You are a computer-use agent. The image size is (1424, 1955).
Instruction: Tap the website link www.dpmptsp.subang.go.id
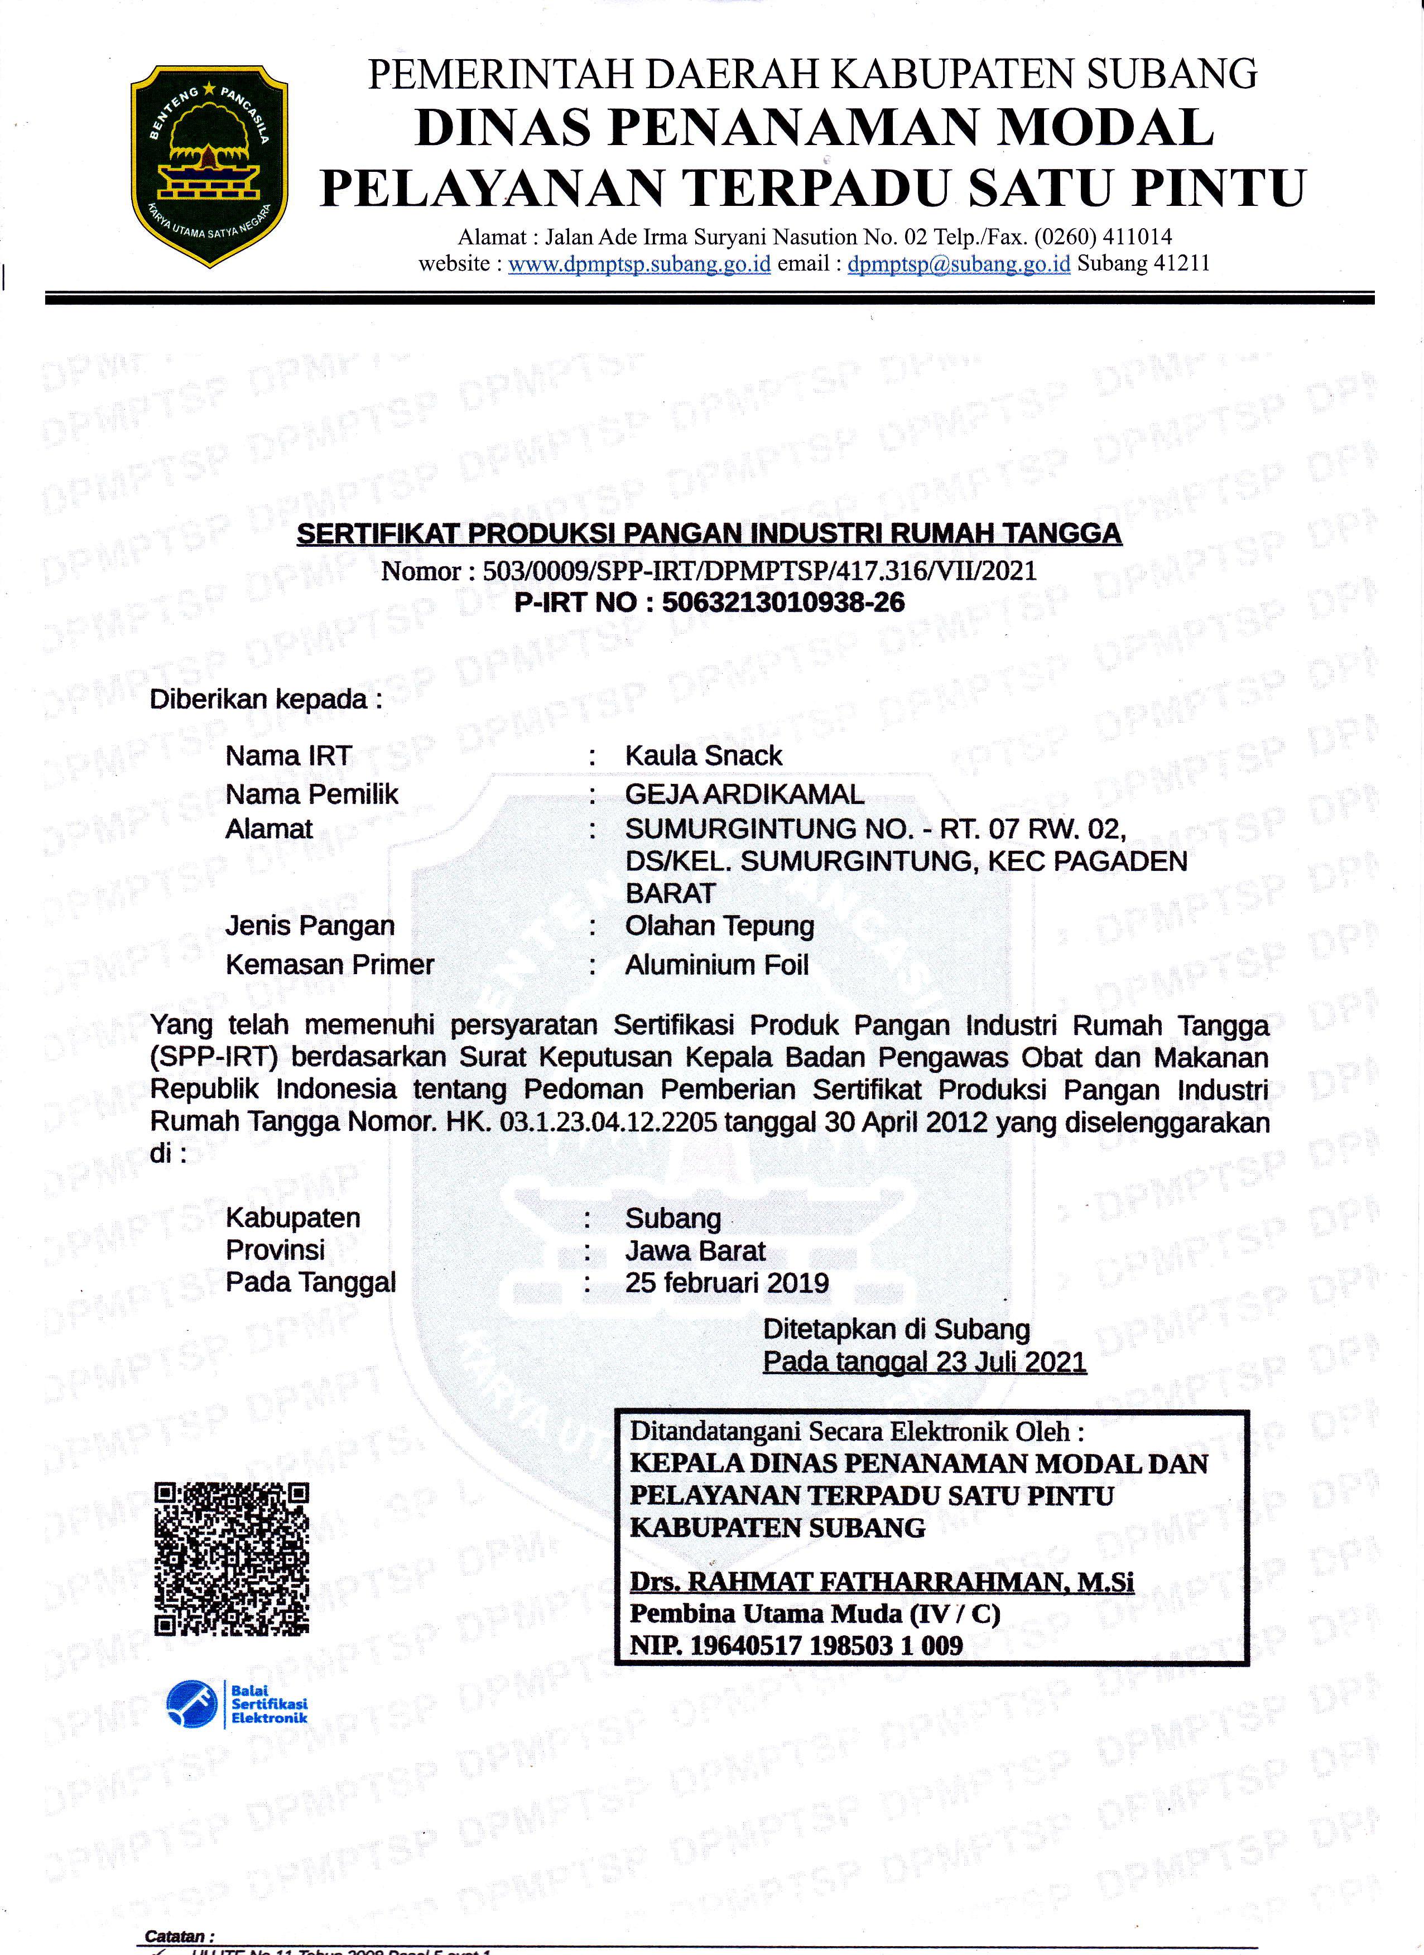[x=639, y=264]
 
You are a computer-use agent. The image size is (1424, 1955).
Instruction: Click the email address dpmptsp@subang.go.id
[x=959, y=264]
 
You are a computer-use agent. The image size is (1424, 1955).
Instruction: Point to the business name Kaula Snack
[x=704, y=756]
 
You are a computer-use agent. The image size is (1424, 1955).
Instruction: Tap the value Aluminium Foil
[x=716, y=965]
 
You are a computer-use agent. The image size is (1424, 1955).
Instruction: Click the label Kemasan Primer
[x=329, y=965]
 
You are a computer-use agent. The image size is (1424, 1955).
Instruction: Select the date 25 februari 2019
[x=727, y=1283]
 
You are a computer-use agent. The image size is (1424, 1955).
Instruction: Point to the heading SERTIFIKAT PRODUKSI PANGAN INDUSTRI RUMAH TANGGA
[x=709, y=535]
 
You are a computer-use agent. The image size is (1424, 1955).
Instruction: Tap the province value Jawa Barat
[x=695, y=1251]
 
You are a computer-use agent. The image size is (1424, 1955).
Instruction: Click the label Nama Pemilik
[x=311, y=794]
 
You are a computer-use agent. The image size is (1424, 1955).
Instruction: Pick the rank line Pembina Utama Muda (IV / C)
[x=815, y=1614]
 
